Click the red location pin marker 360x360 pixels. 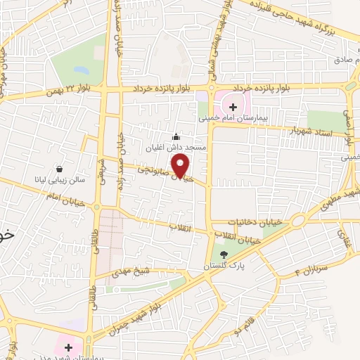(181, 165)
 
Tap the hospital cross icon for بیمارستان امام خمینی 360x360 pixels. (232, 107)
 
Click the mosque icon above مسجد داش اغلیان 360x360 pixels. (176, 136)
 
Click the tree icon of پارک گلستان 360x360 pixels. (224, 255)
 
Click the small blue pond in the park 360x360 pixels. (79, 70)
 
